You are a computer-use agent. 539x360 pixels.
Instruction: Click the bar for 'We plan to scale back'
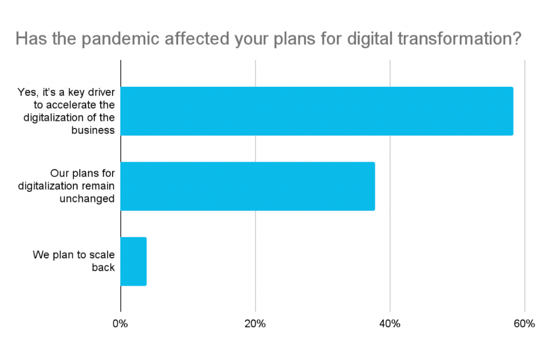pyautogui.click(x=133, y=261)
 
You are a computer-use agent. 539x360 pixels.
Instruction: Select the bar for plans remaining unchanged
pyautogui.click(x=247, y=186)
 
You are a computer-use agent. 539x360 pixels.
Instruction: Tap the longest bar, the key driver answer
pyautogui.click(x=317, y=111)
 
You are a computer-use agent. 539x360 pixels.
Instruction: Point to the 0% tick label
pyautogui.click(x=121, y=324)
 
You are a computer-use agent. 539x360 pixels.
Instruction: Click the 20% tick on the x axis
pyautogui.click(x=255, y=324)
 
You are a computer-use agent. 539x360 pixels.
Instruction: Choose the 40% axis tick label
pyautogui.click(x=390, y=324)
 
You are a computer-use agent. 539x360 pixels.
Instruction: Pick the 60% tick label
pyautogui.click(x=524, y=324)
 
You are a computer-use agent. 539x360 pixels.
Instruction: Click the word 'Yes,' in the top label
pyautogui.click(x=27, y=92)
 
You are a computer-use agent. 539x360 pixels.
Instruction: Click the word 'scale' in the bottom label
pyautogui.click(x=103, y=255)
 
